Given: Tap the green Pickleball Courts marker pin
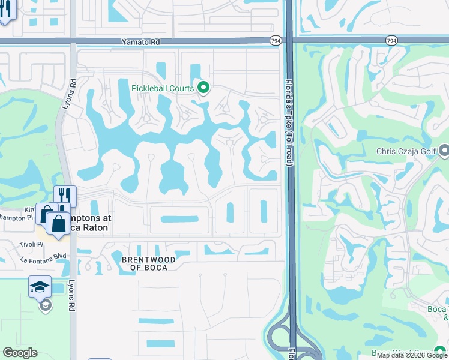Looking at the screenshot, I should [x=203, y=89].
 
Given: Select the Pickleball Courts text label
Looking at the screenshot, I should [x=163, y=89].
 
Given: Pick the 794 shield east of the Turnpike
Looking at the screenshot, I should [x=391, y=40].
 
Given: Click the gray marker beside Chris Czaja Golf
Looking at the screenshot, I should [x=444, y=150].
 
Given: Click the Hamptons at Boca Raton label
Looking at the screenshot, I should [x=84, y=223].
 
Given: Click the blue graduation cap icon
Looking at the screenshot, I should [x=40, y=287].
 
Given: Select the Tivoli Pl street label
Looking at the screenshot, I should [x=32, y=244].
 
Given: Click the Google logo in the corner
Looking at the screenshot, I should [x=20, y=353].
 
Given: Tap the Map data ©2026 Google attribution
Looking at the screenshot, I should [x=412, y=355].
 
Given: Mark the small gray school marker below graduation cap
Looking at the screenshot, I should [x=44, y=306].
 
